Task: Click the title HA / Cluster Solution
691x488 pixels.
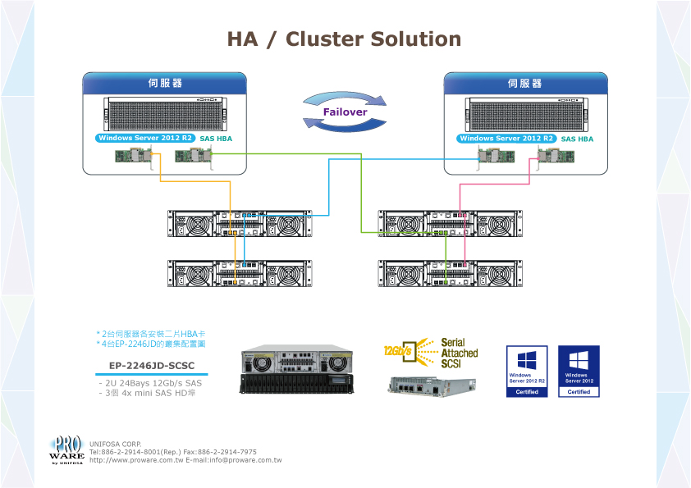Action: pos(344,39)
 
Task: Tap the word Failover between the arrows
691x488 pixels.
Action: pos(345,112)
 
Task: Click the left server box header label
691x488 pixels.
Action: pos(165,84)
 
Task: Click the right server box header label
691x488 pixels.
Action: pos(525,84)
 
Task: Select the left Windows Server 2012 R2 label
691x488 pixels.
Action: pos(145,139)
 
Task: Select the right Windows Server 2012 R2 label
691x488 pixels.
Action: pos(506,139)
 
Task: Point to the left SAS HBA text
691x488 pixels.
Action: pos(216,139)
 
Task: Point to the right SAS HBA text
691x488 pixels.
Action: pos(577,139)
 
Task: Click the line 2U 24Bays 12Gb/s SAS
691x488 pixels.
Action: pos(149,383)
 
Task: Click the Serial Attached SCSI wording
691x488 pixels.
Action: pos(459,353)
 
